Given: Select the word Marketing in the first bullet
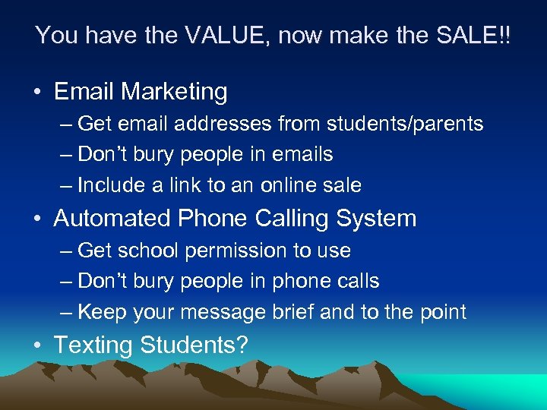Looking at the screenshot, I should (174, 92).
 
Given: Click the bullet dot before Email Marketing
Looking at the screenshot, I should (36, 93).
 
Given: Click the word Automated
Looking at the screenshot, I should (112, 219).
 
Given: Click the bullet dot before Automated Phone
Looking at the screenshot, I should (36, 219).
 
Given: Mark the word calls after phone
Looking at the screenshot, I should (357, 281).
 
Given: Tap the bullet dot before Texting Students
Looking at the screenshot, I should (36, 345).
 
